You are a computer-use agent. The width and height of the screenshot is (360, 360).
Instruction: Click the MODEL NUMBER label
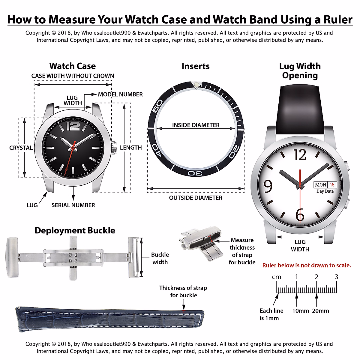[120, 94]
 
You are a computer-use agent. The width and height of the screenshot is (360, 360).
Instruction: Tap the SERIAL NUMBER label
[73, 205]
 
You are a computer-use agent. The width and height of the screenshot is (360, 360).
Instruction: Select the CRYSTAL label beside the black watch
[21, 148]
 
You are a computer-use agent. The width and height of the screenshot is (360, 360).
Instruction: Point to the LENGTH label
[131, 148]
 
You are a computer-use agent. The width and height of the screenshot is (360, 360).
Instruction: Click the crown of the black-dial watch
[114, 148]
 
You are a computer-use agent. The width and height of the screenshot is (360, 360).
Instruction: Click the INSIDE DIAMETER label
[196, 125]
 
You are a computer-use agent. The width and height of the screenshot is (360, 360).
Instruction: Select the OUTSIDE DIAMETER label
[196, 198]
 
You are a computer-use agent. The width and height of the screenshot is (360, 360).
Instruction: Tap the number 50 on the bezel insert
[158, 106]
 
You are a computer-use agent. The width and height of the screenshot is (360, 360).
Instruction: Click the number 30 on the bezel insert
[195, 173]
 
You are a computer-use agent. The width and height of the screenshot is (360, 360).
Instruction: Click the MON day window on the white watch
[320, 185]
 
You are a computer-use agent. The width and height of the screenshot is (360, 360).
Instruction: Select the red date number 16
[332, 185]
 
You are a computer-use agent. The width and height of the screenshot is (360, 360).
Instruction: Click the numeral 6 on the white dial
[300, 214]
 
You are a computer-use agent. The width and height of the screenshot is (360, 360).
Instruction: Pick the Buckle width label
[160, 258]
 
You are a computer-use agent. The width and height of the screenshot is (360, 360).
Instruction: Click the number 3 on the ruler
[336, 277]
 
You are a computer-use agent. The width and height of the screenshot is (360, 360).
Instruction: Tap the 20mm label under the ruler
[320, 311]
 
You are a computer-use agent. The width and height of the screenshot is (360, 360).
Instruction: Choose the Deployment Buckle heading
[75, 230]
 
